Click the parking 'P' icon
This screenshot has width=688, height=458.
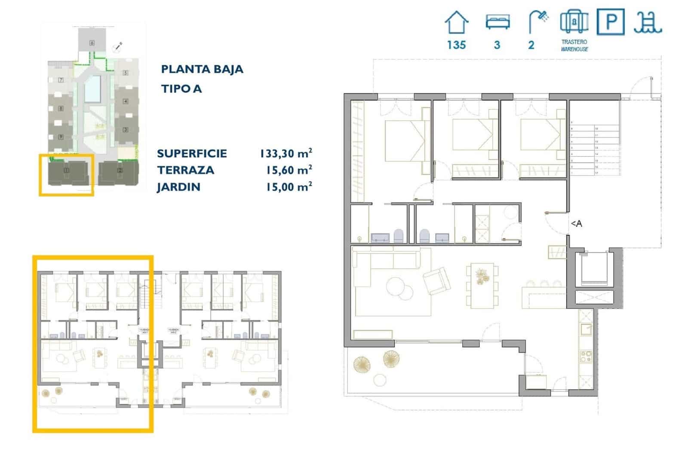(610, 21)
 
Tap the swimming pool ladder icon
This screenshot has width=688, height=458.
(648, 22)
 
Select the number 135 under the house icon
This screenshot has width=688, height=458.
(456, 45)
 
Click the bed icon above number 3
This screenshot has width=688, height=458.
(498, 21)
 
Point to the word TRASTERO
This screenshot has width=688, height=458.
(574, 42)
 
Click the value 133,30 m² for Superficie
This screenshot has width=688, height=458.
(286, 153)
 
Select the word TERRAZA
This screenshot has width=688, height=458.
(185, 170)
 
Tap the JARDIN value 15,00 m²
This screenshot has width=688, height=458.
(289, 187)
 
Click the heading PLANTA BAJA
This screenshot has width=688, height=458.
(202, 69)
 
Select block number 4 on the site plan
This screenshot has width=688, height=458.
(126, 101)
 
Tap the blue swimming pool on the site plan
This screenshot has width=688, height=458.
(92, 89)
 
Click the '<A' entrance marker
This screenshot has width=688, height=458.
(576, 223)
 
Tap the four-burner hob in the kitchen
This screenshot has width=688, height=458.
(586, 357)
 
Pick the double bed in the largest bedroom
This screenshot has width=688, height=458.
(404, 140)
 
